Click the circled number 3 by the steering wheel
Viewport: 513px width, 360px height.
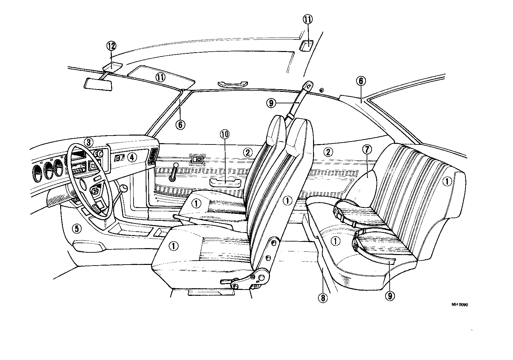88,142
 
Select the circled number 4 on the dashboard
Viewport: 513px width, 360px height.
132,157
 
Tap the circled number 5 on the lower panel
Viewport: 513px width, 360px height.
76,228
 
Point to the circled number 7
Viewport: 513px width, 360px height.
367,149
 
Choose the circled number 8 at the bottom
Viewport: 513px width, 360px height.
322,298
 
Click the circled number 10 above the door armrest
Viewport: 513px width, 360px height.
225,134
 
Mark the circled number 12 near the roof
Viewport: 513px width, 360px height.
111,46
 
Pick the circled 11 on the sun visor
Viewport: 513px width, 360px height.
160,78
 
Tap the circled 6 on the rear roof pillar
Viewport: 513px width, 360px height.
361,81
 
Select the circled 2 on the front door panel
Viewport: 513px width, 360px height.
248,152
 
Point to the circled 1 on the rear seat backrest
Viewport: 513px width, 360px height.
447,181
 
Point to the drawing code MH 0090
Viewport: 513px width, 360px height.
459,304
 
